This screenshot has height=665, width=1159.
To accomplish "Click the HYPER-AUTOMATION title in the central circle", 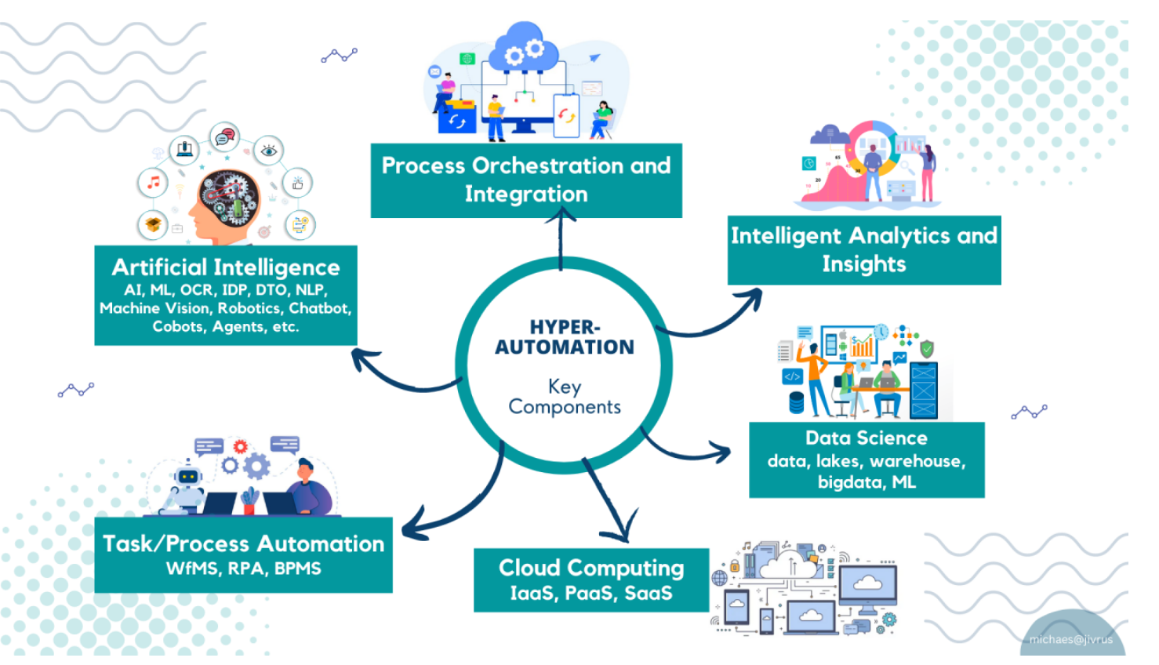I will point(565,337).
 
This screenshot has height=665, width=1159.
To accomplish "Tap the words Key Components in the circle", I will point(565,397).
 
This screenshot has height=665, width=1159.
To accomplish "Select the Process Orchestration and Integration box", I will point(526,180).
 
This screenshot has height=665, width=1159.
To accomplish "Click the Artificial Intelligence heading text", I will point(226,267).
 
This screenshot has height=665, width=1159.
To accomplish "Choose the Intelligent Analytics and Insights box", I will point(864,249).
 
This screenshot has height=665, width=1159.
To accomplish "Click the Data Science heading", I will point(867,438).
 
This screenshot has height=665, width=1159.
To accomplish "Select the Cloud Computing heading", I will point(591,568).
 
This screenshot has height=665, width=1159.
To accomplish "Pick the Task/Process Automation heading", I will point(244,543).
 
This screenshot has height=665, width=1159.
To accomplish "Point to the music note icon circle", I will point(153,183).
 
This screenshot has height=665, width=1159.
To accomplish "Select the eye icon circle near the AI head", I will point(268,150).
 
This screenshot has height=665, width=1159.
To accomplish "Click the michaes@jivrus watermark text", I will point(1071,640).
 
